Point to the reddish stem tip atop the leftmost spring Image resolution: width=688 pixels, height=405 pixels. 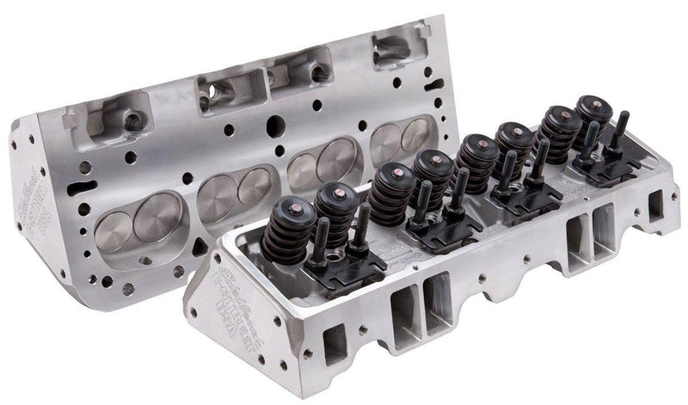click(286, 203)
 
